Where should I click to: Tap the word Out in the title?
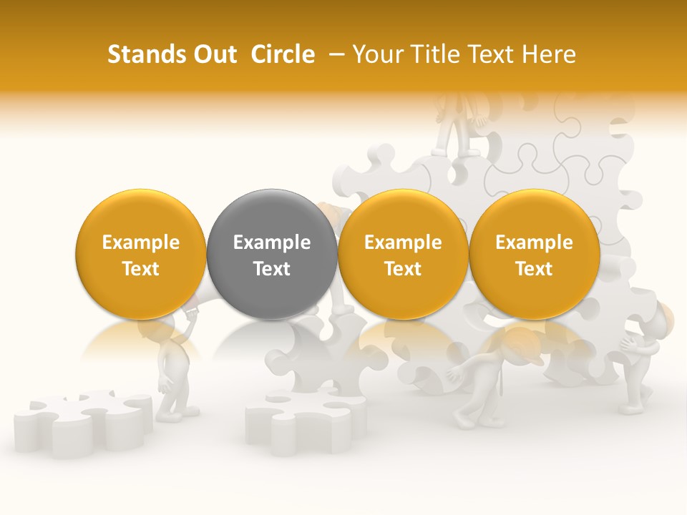point(214,54)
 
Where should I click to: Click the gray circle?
point(271,254)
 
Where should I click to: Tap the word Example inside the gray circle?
point(271,242)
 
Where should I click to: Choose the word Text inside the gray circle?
point(271,268)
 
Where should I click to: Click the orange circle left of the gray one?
point(140,254)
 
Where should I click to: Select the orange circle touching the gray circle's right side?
point(403,254)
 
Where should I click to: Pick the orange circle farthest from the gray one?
point(534,254)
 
